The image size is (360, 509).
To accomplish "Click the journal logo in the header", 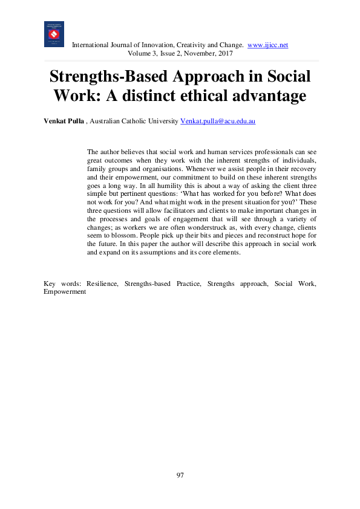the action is coord(54,34).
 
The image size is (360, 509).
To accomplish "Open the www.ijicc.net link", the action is coord(268,45).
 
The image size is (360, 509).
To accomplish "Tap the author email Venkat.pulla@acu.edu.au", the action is coord(218,122).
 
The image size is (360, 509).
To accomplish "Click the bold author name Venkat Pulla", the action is coord(64,122).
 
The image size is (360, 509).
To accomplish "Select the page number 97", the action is coord(180,475).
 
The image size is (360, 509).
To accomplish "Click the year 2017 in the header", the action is coord(222,53).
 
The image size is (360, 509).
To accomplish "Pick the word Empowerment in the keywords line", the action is coord(65,291).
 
